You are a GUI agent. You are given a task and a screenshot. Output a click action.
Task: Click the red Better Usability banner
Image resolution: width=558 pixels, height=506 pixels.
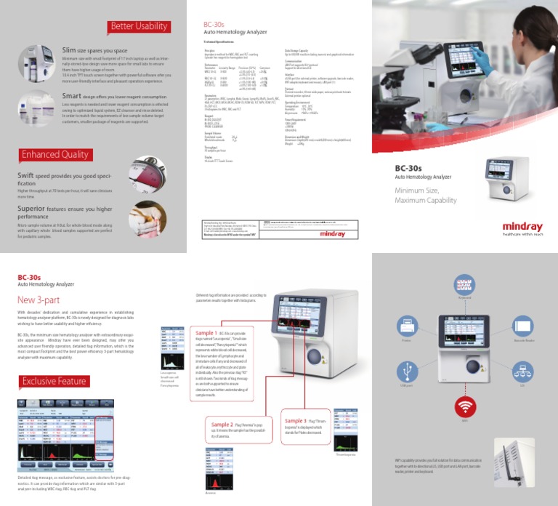point(139,27)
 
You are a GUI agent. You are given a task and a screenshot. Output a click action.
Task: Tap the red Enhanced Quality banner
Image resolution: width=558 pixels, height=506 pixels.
point(54,154)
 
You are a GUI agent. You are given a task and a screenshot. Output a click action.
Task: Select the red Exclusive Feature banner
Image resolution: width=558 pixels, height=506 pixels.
point(54,381)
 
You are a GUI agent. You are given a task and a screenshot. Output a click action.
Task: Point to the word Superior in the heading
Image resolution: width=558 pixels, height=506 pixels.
point(33,207)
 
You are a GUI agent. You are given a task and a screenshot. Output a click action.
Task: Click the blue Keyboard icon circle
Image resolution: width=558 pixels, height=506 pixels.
point(464,284)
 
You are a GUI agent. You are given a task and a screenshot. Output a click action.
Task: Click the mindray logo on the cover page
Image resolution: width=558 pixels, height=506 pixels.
point(522,228)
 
